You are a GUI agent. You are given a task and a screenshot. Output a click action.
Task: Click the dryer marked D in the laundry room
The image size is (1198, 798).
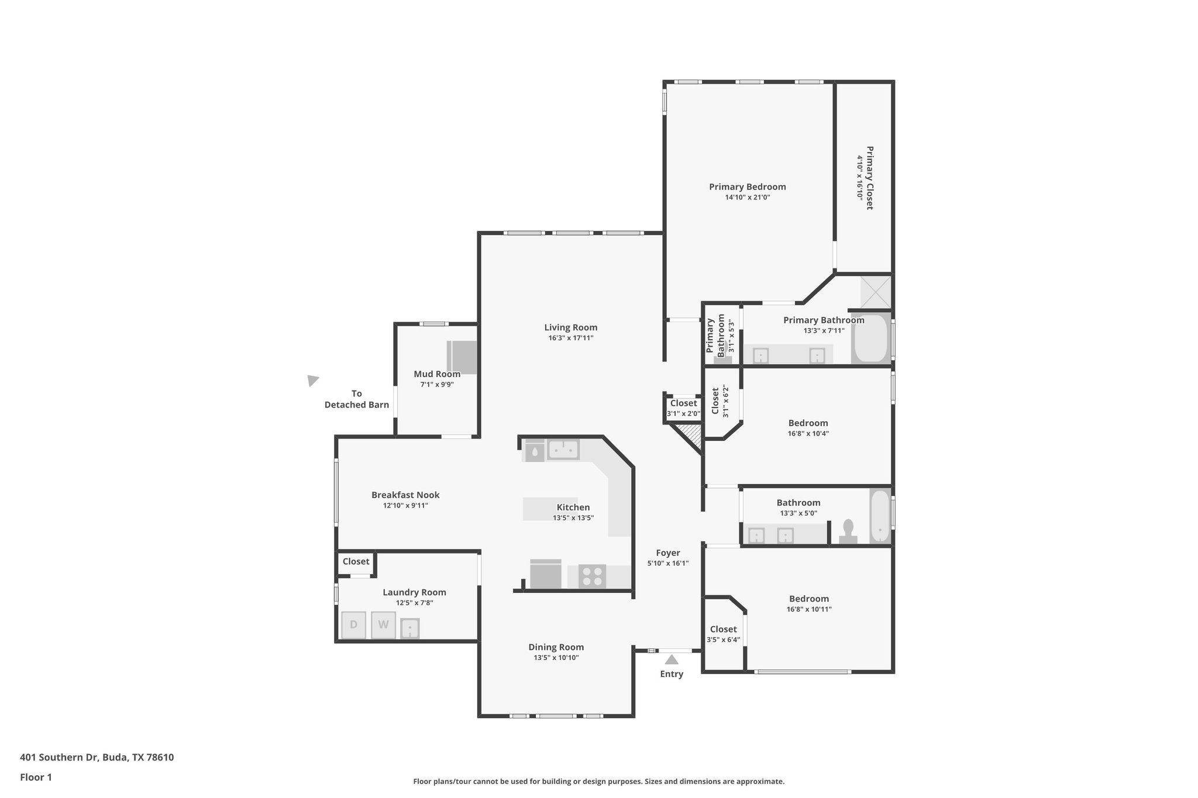tap(353, 624)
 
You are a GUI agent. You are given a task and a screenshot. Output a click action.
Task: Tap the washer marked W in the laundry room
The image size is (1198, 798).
tap(383, 624)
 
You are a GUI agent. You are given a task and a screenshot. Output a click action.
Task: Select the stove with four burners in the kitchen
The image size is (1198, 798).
tap(592, 576)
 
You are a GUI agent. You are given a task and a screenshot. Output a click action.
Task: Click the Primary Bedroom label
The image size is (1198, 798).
tap(747, 187)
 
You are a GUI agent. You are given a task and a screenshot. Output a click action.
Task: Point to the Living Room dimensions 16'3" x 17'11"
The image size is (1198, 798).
tap(570, 338)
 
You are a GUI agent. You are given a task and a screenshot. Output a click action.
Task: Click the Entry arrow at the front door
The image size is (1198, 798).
tap(672, 659)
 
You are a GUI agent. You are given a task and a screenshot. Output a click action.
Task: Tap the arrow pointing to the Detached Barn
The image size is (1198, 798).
tap(313, 381)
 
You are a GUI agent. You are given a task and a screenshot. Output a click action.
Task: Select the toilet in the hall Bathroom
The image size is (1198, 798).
tap(848, 532)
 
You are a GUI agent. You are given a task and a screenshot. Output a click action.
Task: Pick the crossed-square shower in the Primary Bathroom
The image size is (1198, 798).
tap(876, 292)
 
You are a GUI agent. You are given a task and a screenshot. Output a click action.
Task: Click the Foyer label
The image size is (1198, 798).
tap(667, 553)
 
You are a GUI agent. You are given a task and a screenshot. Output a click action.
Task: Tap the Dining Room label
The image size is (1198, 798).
tap(556, 647)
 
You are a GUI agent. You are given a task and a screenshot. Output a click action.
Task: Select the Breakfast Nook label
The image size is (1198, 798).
tap(405, 495)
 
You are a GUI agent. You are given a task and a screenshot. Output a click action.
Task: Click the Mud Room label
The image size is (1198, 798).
tap(437, 374)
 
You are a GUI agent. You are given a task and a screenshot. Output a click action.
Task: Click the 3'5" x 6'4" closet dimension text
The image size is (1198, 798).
tap(723, 640)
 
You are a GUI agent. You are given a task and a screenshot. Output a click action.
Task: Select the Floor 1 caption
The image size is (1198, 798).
tap(36, 778)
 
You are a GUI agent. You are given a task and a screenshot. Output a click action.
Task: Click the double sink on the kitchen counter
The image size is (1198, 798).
tap(563, 450)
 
